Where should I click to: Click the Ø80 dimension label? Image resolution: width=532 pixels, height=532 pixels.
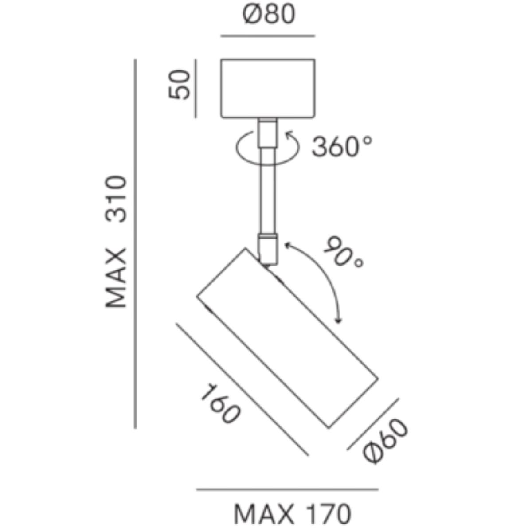[269, 14]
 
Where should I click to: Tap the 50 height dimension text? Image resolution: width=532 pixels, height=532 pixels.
[179, 85]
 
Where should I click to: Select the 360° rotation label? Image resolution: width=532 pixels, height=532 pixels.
[342, 146]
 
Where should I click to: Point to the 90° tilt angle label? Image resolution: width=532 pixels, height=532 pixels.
[343, 251]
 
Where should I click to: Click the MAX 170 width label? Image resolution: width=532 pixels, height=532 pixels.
[293, 514]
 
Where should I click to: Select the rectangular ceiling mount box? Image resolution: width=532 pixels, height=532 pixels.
[267, 88]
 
